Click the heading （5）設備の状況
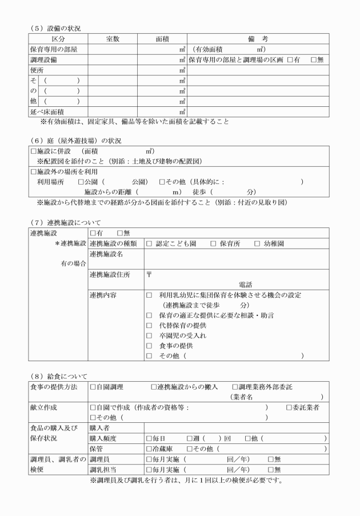coord(49,27)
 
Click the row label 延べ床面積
coord(48,112)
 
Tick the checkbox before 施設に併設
coord(33,151)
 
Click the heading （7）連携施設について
coord(63,222)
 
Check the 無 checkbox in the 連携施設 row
coord(120,233)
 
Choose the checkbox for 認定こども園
coord(149,243)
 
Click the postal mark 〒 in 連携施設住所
coord(149,274)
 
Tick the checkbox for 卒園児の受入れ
coord(149,335)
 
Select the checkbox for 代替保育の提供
coord(149,325)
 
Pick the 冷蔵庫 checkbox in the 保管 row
coord(149,449)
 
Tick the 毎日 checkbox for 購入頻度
coord(149,438)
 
